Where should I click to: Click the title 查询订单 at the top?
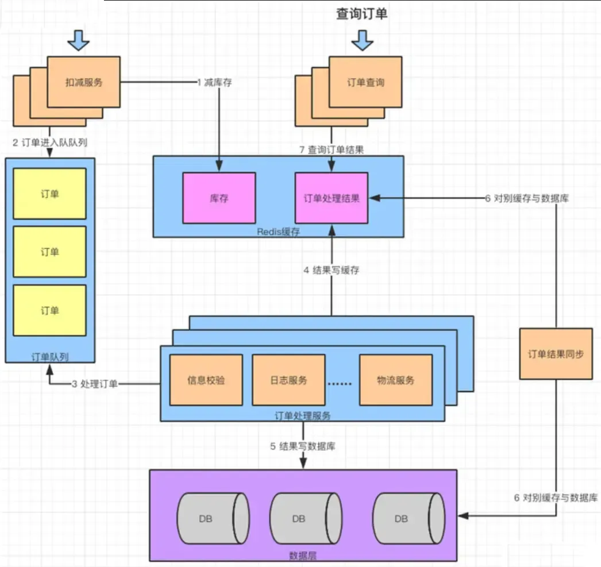tap(362, 14)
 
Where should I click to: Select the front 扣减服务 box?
tap(84, 82)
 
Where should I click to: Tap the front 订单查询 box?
tap(365, 82)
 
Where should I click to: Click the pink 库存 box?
tap(219, 198)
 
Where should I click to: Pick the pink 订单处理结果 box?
tap(332, 198)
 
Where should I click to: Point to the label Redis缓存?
tap(279, 230)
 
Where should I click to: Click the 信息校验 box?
tap(206, 380)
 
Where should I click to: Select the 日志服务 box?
tap(288, 380)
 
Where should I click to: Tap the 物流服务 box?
tap(395, 380)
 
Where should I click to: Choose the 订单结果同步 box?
tap(556, 354)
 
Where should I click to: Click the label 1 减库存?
tap(215, 82)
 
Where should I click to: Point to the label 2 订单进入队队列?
tap(49, 142)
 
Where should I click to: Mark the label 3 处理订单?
tap(95, 384)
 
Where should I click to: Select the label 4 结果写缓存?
tap(332, 270)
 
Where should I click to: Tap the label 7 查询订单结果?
tap(332, 149)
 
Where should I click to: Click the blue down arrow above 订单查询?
tap(362, 40)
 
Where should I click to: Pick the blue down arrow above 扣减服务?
tap(79, 40)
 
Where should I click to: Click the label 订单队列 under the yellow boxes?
tap(49, 357)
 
